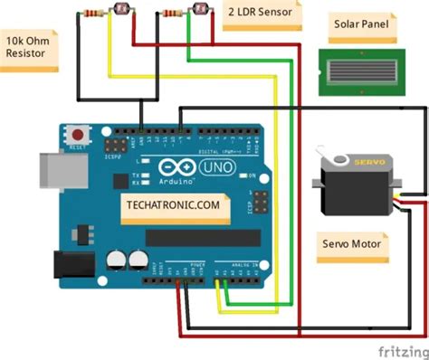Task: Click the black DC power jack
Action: (x=66, y=264)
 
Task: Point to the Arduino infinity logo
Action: (x=166, y=166)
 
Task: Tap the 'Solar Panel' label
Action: (x=361, y=24)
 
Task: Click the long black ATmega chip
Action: (x=195, y=237)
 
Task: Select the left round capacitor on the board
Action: (x=117, y=259)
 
